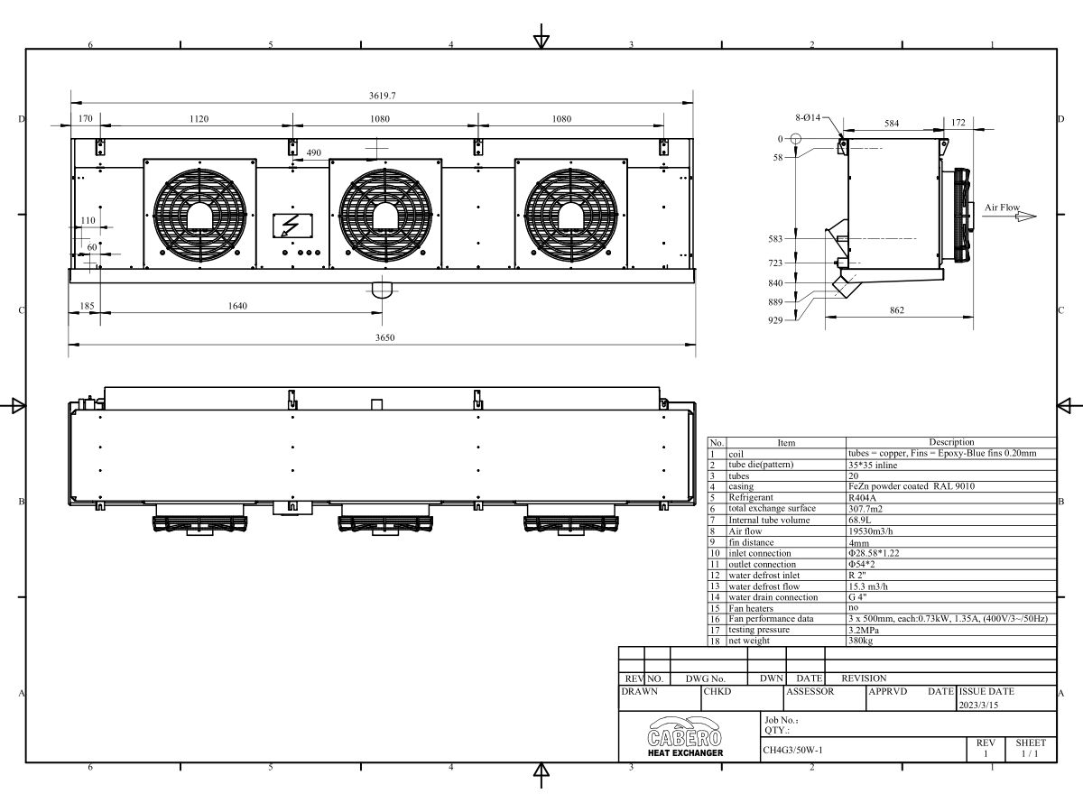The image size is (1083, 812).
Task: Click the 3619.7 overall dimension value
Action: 383,96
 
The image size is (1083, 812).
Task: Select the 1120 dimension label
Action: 199,119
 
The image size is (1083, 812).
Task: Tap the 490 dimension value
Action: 314,152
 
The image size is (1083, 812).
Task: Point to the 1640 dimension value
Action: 237,306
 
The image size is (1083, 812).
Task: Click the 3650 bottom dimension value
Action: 384,337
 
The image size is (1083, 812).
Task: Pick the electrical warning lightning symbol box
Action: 292,226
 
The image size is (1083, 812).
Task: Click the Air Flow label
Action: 1002,208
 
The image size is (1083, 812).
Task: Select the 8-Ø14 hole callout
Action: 808,117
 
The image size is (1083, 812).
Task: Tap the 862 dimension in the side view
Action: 897,310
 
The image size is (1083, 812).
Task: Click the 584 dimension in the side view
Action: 892,124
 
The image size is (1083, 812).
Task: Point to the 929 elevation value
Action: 775,320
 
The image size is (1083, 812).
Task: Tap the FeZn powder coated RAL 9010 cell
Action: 912,486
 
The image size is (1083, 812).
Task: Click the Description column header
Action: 951,442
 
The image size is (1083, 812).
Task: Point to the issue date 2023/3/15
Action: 978,705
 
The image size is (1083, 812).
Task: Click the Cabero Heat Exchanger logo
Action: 685,736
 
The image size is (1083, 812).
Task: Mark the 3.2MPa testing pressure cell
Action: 864,630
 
